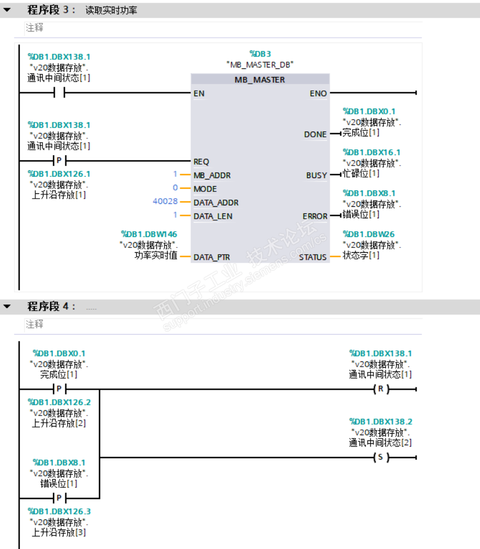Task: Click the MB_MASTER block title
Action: (x=260, y=80)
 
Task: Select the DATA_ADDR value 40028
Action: (x=165, y=202)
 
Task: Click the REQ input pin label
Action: (x=201, y=162)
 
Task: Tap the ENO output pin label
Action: (x=318, y=94)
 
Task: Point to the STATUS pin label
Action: (x=313, y=258)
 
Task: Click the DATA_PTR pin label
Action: (x=212, y=258)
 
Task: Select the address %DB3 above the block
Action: (x=260, y=54)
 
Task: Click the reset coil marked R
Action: (x=380, y=389)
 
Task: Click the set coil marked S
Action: (x=380, y=458)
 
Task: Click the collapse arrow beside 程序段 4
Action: (x=7, y=306)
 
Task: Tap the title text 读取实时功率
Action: (x=111, y=10)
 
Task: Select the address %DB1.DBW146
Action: (x=149, y=234)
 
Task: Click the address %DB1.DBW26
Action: (x=369, y=234)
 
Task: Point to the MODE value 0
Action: (x=175, y=188)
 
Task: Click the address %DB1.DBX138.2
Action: (x=380, y=422)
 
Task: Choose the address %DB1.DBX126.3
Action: (x=59, y=511)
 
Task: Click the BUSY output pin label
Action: (x=316, y=176)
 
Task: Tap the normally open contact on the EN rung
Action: (x=59, y=93)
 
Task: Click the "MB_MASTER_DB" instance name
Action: (x=260, y=64)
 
